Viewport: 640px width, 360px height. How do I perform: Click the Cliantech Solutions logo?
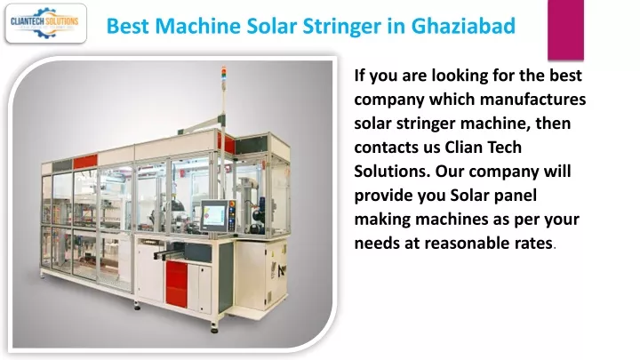coord(45,23)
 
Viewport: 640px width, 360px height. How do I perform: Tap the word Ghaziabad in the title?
coord(463,26)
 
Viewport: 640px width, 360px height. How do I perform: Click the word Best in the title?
coord(129,26)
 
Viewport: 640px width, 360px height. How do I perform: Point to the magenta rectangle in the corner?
coord(565,30)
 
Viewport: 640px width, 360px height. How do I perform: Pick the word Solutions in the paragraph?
coord(392,171)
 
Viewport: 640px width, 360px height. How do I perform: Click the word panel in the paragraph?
coord(516,196)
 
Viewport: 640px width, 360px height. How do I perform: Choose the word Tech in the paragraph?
coord(504,147)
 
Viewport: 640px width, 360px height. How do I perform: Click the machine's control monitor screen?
coord(214,215)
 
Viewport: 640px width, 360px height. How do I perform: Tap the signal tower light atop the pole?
coord(223,76)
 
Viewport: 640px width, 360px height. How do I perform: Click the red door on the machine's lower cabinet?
coord(176,284)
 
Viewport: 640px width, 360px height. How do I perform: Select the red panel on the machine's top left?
coord(85,162)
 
